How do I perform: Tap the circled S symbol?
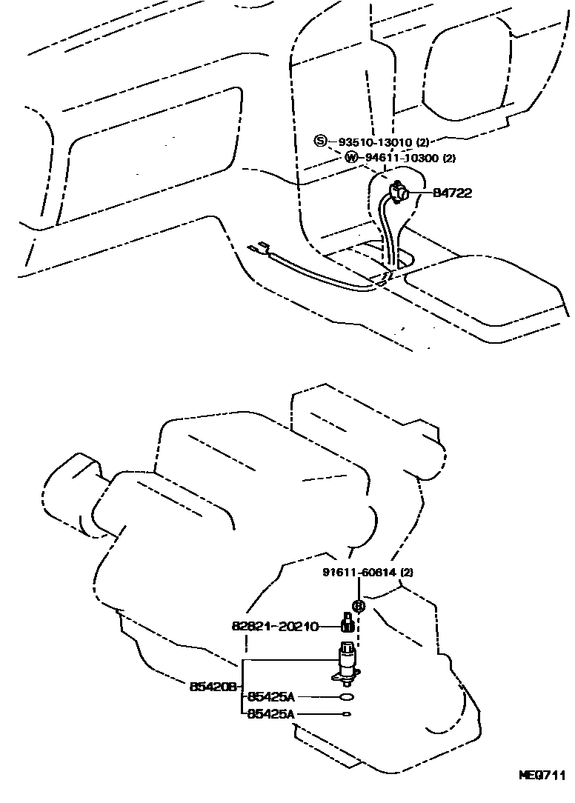319,141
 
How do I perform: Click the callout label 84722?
452,193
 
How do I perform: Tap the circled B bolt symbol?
359,606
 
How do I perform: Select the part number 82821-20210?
275,627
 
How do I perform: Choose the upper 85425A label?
270,696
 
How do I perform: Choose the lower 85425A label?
270,713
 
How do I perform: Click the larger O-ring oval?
346,697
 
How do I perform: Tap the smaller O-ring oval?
346,714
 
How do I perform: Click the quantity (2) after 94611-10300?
448,158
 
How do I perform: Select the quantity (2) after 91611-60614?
408,573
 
